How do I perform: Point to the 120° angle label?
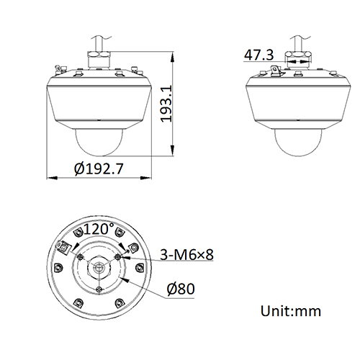pyautogui.click(x=99, y=230)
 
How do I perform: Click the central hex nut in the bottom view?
pyautogui.click(x=99, y=269)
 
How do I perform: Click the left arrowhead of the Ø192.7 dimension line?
pyautogui.click(x=48, y=177)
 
